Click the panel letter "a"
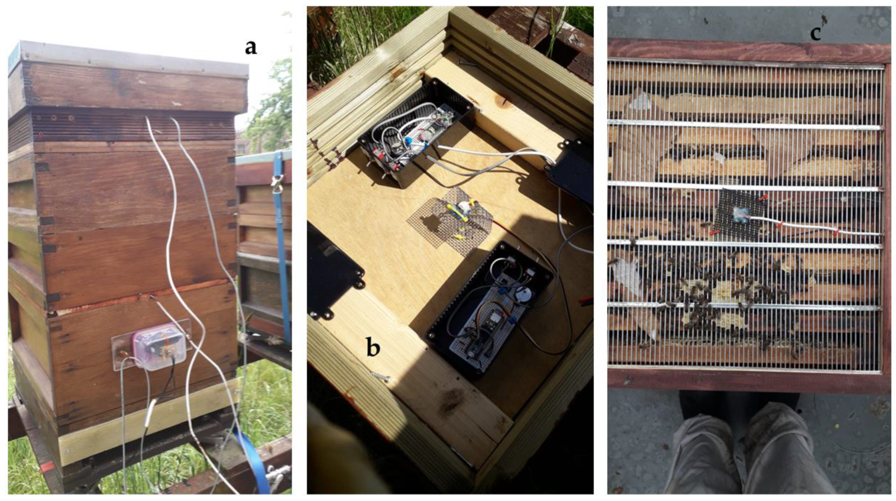[x=251, y=48]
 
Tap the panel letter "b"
[x=373, y=347]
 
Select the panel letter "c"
[x=816, y=34]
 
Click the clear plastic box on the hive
[x=159, y=348]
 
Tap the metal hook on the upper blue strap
[x=276, y=182]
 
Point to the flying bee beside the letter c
[x=824, y=19]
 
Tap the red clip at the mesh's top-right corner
[x=763, y=196]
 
